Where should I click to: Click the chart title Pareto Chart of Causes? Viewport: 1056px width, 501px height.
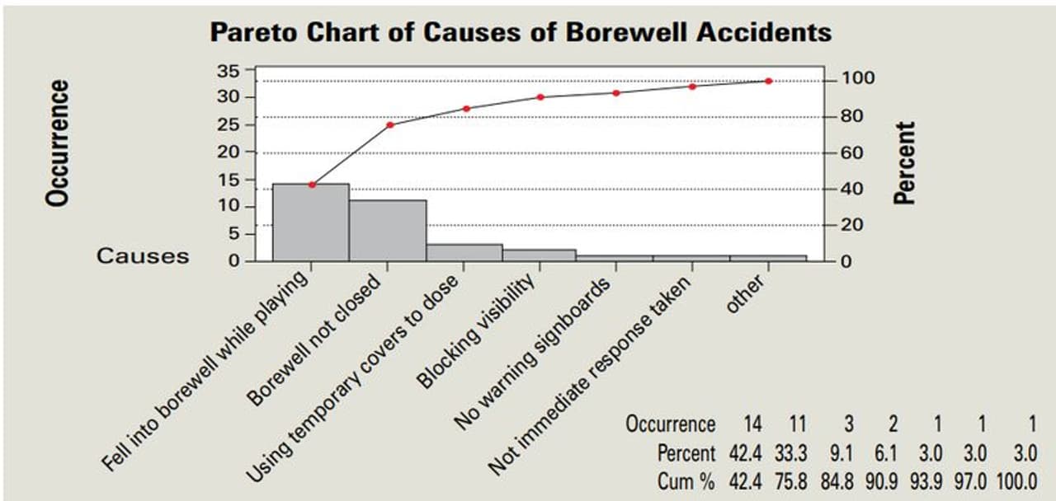click(520, 32)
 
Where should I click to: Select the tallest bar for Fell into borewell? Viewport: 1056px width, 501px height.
click(311, 222)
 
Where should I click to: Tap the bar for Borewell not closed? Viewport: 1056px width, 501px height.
click(388, 231)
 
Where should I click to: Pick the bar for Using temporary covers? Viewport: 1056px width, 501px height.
click(464, 252)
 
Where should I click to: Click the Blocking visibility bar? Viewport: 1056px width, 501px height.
click(540, 255)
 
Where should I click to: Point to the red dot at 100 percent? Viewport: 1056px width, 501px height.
click(768, 81)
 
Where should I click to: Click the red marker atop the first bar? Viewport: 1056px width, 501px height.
click(312, 185)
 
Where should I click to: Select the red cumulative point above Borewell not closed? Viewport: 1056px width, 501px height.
click(390, 124)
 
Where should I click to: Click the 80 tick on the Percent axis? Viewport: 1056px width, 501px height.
click(851, 116)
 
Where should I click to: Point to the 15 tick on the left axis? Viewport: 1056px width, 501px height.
click(229, 179)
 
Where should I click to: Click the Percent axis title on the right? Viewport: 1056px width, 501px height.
click(906, 162)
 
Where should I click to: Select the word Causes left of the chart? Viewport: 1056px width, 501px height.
click(143, 255)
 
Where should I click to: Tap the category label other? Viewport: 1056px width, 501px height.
click(745, 294)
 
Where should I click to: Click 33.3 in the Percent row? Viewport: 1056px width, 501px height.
click(790, 453)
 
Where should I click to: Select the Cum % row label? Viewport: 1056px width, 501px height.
click(686, 481)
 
